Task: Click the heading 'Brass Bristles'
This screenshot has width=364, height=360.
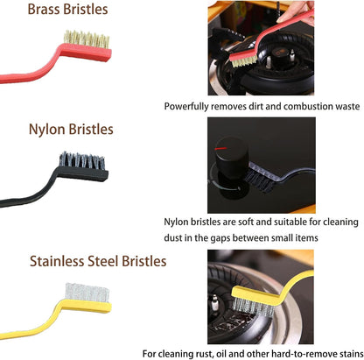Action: [x=67, y=10]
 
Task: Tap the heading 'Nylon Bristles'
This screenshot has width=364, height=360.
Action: [x=71, y=130]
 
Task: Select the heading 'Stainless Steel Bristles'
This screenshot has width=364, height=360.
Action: [x=98, y=261]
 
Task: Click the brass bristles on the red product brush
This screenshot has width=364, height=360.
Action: [x=87, y=39]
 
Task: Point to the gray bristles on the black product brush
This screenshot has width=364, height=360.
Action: [x=82, y=161]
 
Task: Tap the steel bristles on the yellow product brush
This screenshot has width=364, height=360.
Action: [x=87, y=293]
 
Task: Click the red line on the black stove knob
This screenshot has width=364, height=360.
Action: [x=220, y=148]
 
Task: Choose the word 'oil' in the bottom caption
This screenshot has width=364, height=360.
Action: [x=221, y=354]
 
